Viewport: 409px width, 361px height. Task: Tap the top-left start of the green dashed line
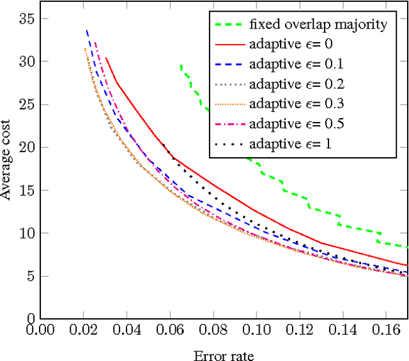181,65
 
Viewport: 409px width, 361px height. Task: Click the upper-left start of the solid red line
105,58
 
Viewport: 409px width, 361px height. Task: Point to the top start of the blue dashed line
86,30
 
